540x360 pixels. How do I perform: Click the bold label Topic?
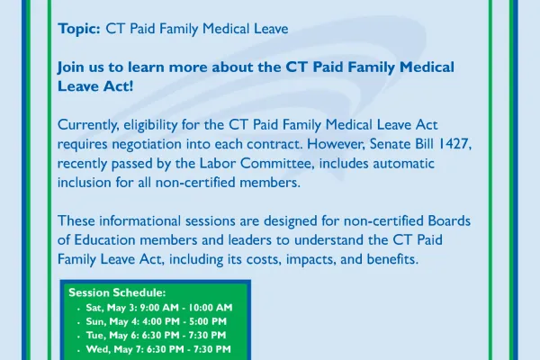click(x=79, y=29)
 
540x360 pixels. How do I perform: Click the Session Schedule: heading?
click(x=117, y=293)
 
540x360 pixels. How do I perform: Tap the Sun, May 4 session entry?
click(x=156, y=321)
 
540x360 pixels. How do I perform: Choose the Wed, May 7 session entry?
click(x=159, y=348)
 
